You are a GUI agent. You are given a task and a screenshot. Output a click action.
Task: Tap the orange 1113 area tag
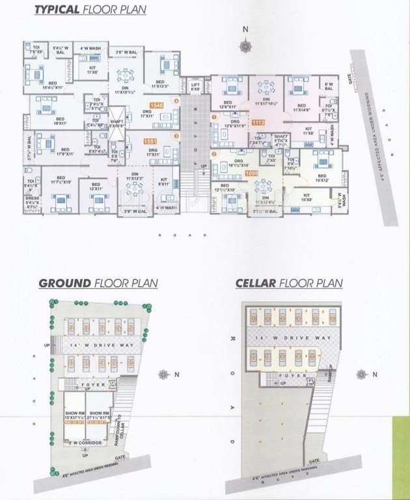[x=258, y=122]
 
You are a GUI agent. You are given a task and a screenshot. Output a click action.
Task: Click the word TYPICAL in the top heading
[x=56, y=10]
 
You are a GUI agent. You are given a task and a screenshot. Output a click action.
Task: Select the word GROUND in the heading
[x=64, y=283]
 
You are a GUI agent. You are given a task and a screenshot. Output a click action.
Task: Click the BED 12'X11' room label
[x=96, y=187]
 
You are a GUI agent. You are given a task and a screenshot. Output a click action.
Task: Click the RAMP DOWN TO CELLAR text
[x=118, y=430]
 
